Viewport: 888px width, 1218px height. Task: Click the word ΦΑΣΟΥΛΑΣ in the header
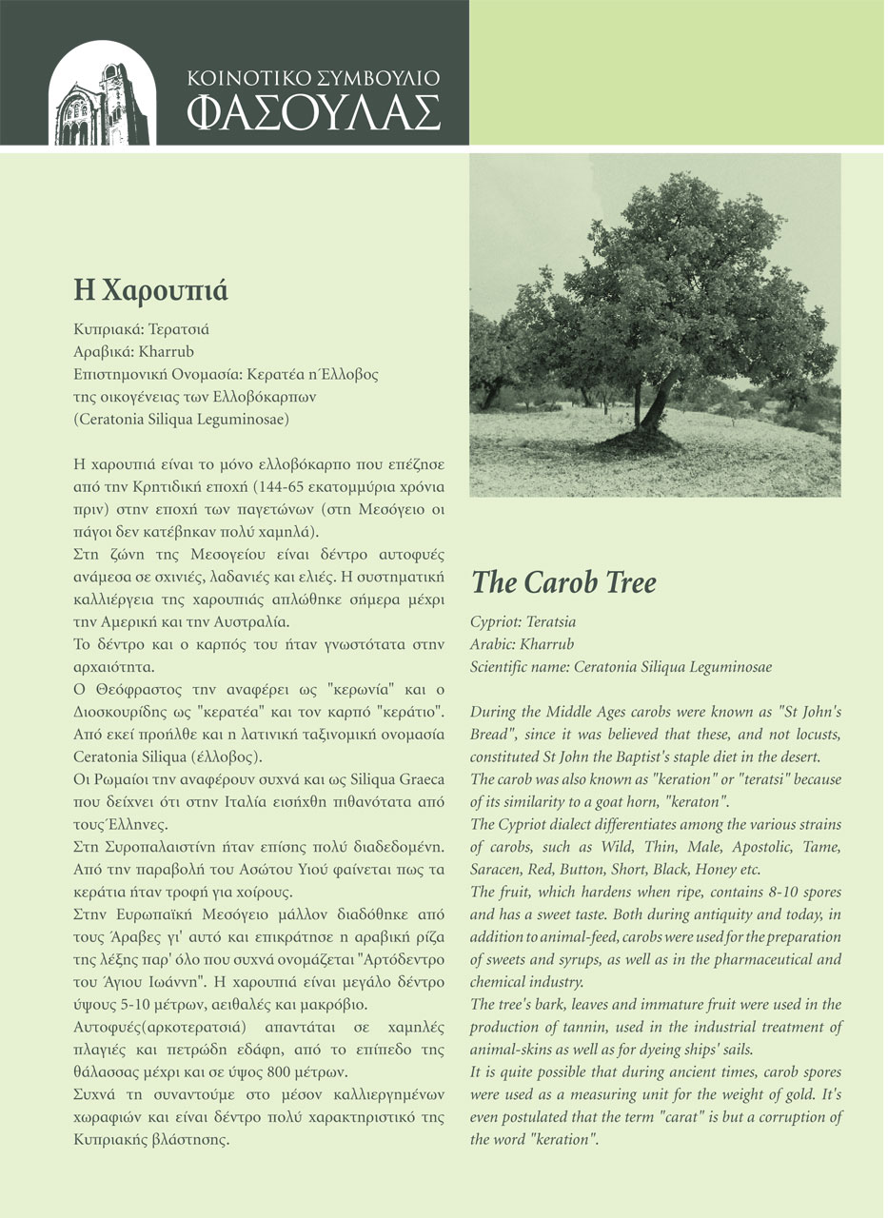[x=314, y=112]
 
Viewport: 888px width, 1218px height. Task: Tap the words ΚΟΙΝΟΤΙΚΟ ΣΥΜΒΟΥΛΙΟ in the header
[x=314, y=78]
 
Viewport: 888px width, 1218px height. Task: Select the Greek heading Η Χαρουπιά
[x=150, y=289]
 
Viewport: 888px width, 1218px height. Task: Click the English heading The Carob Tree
[x=563, y=582]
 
